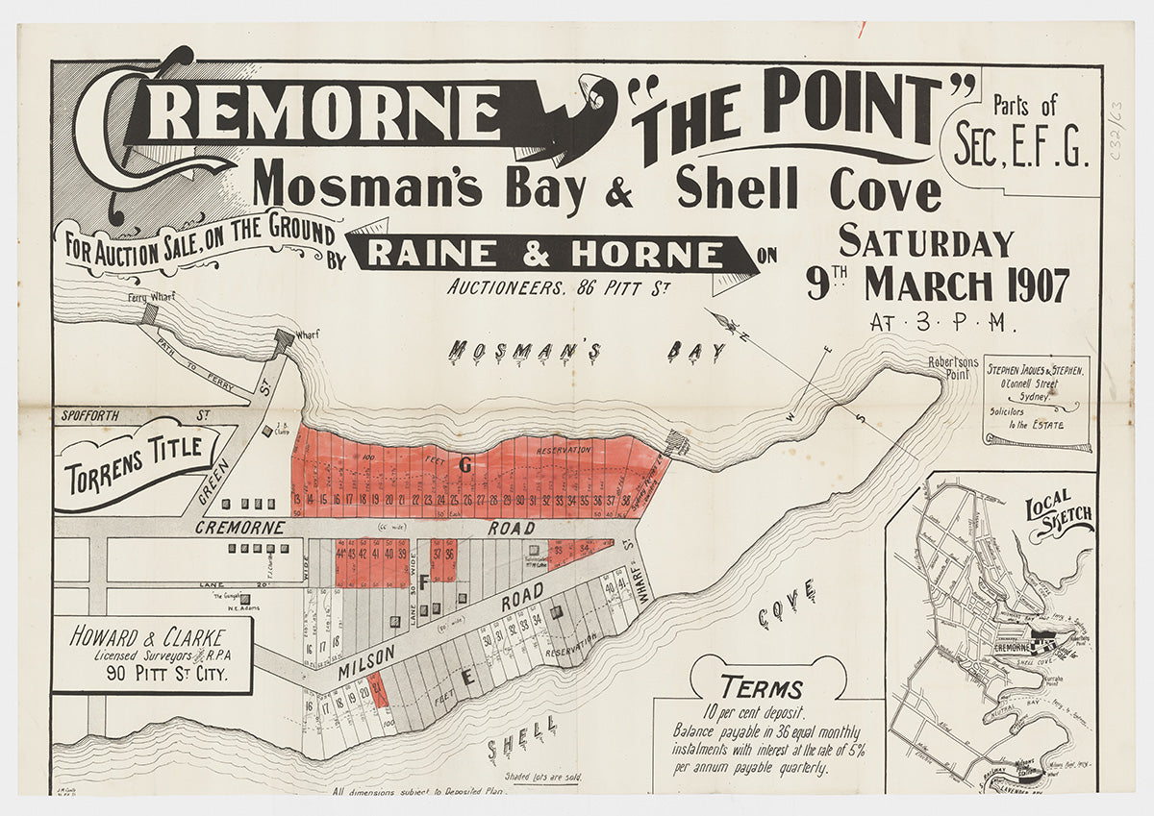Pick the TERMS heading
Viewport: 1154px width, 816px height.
762,688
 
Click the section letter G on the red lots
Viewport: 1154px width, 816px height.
465,466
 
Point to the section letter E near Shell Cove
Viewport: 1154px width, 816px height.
468,677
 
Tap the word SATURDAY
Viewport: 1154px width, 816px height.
926,241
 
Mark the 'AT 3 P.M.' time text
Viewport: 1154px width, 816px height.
943,323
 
